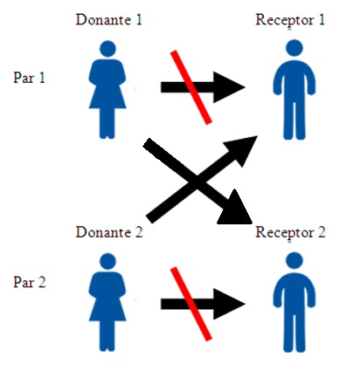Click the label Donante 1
pos(109,20)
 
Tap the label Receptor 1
pos(290,20)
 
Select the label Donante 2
pos(109,232)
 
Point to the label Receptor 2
pos(290,233)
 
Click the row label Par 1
pos(30,78)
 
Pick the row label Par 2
pos(30,282)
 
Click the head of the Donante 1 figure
pos(107,49)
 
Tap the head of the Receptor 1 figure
pos(294,48)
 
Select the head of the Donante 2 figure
pos(107,261)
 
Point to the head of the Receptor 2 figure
pos(294,260)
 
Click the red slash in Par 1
pos(190,87)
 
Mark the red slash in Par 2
pos(190,304)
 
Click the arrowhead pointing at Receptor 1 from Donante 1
pos(229,87)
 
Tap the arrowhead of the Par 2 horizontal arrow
pos(229,304)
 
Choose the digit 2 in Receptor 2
pos(322,232)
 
